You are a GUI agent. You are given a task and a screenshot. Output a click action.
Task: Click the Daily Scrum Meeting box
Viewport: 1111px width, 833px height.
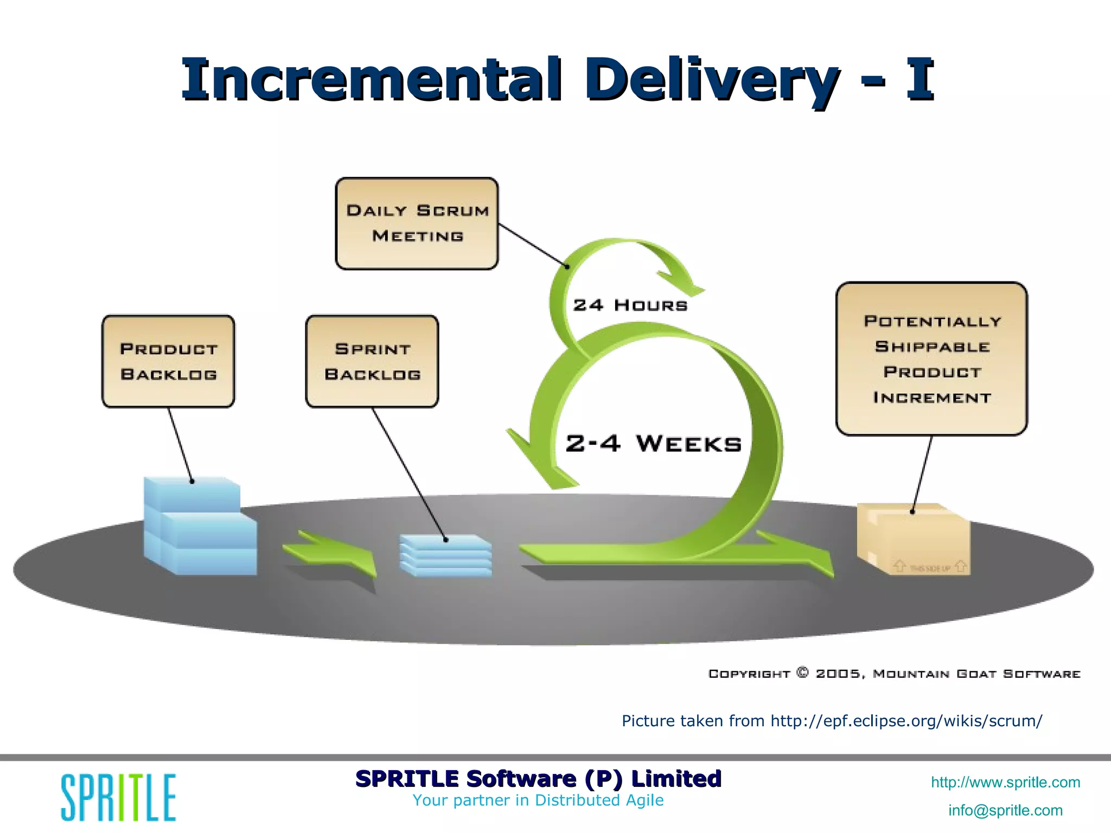[417, 223]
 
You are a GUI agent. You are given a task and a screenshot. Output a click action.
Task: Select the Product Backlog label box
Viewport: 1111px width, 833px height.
[168, 361]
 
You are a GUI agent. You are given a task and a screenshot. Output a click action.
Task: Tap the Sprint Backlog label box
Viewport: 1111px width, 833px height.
[372, 361]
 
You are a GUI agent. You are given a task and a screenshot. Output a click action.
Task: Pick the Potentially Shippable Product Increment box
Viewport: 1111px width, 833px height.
[931, 358]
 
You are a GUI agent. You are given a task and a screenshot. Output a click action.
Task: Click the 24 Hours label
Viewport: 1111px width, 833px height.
[630, 305]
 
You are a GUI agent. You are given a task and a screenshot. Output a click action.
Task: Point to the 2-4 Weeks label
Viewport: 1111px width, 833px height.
[653, 444]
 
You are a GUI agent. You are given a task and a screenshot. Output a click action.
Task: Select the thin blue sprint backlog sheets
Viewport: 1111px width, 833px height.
[446, 556]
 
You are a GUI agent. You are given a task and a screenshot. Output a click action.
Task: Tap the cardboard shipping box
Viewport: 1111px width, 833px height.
[914, 540]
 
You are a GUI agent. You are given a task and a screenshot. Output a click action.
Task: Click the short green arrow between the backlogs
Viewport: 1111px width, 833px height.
[331, 553]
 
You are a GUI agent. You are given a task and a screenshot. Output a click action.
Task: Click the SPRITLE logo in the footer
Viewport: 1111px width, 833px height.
[118, 797]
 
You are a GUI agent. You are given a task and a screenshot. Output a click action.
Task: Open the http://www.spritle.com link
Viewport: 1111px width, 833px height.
[1005, 782]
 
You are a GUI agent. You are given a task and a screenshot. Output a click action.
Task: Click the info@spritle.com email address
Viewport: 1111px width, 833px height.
[1005, 810]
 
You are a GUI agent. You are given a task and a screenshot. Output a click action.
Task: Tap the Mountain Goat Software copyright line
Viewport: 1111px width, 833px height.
[894, 674]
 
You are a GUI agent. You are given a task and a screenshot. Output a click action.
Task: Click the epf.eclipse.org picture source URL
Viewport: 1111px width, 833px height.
[906, 721]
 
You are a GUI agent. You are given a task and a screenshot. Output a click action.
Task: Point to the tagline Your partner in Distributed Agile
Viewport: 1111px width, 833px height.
[538, 800]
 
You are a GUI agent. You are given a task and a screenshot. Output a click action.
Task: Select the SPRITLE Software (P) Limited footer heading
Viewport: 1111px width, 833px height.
[538, 779]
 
